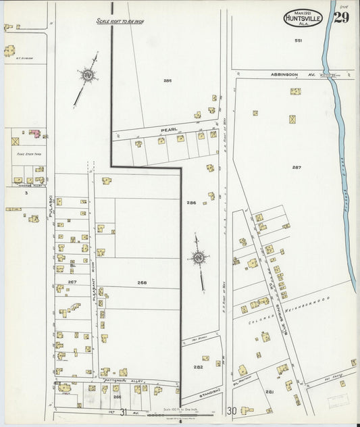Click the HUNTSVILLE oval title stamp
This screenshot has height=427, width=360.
pyautogui.click(x=302, y=17)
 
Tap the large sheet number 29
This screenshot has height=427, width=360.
pyautogui.click(x=341, y=17)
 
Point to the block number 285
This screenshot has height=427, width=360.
pyautogui.click(x=168, y=80)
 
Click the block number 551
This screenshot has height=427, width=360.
pyautogui.click(x=298, y=41)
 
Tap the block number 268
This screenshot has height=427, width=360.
pyautogui.click(x=142, y=282)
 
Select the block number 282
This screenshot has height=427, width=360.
pyautogui.click(x=198, y=367)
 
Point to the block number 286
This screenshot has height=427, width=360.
pyautogui.click(x=191, y=203)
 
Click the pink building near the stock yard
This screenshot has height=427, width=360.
pyautogui.click(x=34, y=132)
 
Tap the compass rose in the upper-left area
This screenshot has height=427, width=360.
pyautogui.click(x=87, y=76)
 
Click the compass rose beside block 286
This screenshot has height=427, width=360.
pyautogui.click(x=199, y=258)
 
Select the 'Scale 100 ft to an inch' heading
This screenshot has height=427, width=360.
pyautogui.click(x=120, y=22)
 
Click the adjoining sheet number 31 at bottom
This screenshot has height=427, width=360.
pyautogui.click(x=124, y=411)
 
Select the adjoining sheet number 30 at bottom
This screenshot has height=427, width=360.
pyautogui.click(x=232, y=411)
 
